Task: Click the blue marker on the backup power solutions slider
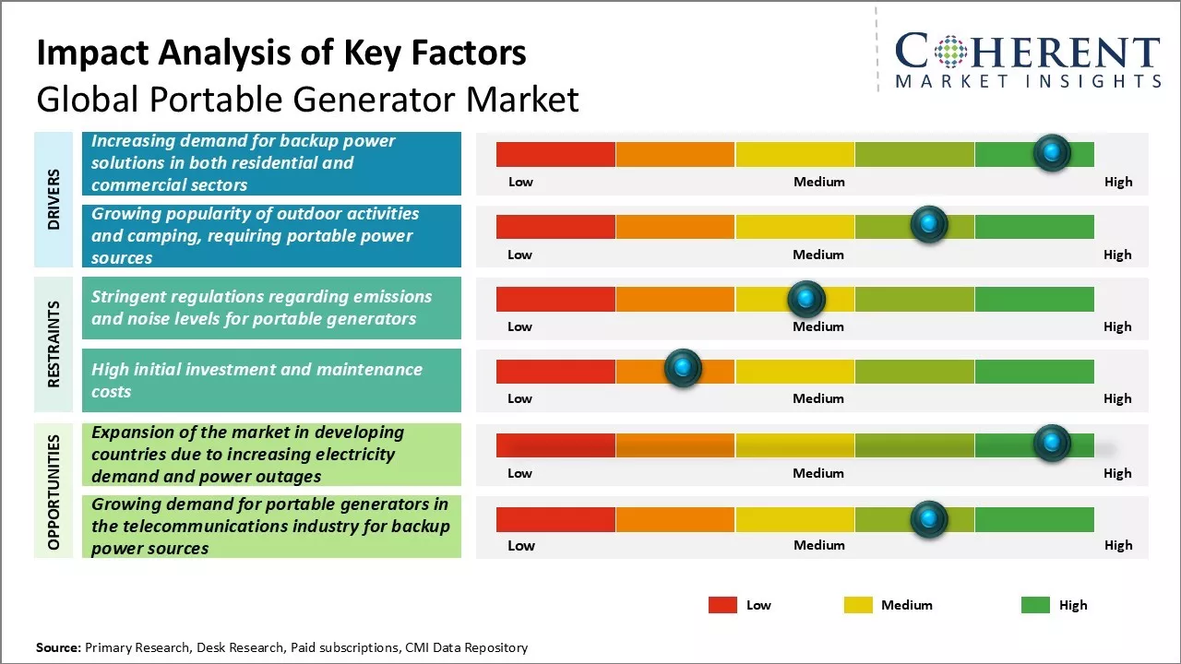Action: [x=1051, y=152]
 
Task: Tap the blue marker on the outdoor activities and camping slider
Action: [x=928, y=224]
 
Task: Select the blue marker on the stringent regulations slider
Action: [x=805, y=298]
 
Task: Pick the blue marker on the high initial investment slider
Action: [x=683, y=369]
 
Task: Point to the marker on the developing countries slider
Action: [x=1051, y=444]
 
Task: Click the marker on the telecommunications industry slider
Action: [x=928, y=519]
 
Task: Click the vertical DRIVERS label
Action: [x=54, y=198]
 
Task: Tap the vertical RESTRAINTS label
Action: [x=54, y=344]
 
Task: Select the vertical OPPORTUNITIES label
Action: [x=54, y=492]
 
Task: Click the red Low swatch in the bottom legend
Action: [x=722, y=605]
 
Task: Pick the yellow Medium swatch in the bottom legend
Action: [x=858, y=605]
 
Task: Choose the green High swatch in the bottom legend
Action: [x=1035, y=605]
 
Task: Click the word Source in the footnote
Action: [x=57, y=647]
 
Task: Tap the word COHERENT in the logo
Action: [x=1028, y=53]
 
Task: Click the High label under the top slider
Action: [x=1117, y=182]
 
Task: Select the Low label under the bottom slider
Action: [x=520, y=545]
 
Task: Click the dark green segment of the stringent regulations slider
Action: [x=1033, y=299]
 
